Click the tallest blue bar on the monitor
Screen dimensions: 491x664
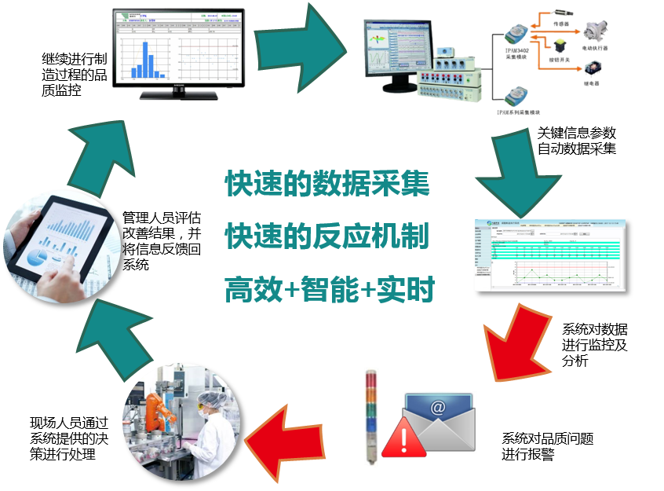click(145, 58)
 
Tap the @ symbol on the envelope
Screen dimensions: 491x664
click(438, 408)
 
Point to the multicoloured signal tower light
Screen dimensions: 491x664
click(371, 416)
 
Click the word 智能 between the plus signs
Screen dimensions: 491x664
click(330, 291)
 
